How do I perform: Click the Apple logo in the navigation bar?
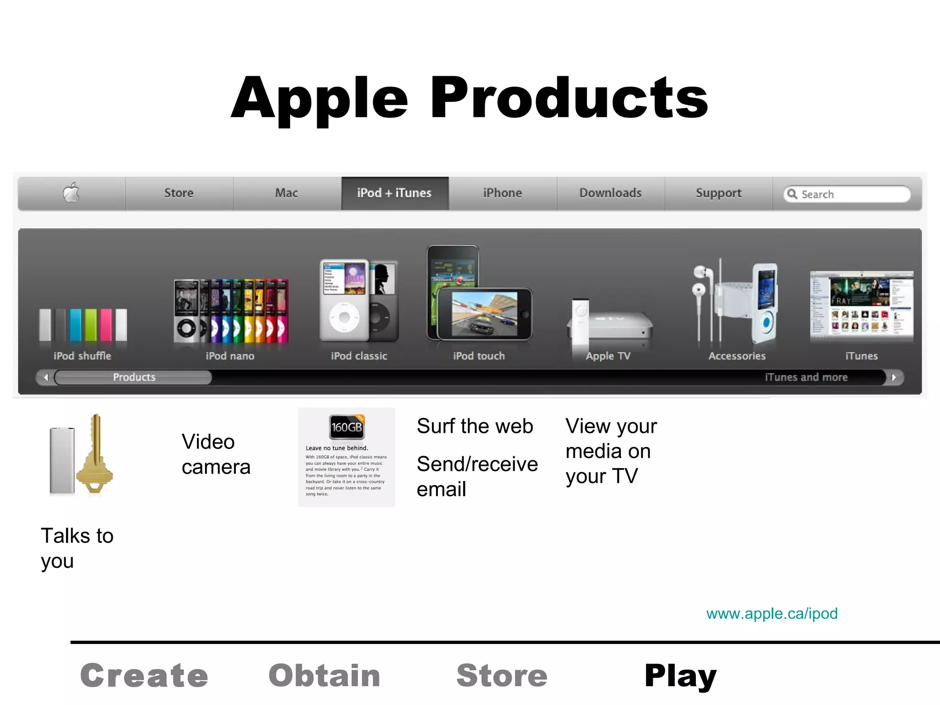71,193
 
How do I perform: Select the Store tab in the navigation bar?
179,193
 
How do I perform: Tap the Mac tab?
287,193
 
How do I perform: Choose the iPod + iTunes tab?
394,193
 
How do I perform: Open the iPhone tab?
503,193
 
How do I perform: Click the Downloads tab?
610,193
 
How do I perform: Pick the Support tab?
718,193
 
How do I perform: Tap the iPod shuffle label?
82,356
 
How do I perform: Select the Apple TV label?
608,356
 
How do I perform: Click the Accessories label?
737,356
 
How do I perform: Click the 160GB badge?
347,427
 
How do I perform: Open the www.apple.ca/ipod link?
772,614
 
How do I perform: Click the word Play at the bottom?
680,676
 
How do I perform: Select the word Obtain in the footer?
325,676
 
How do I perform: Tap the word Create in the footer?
144,676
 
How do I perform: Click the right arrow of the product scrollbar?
894,377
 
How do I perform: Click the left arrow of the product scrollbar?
46,377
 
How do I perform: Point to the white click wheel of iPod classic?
344,317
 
